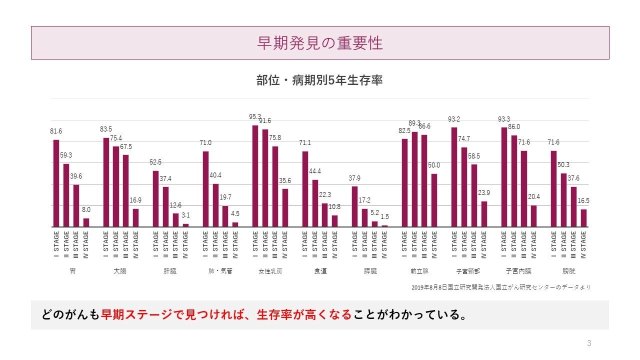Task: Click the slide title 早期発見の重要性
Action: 320,43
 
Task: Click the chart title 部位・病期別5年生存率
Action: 319,80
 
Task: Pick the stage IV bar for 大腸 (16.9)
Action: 135,218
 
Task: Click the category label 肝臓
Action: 170,271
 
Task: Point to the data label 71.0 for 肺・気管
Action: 205,143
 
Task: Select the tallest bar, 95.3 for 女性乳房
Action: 255,176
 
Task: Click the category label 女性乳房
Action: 270,271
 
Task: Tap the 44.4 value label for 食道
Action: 315,171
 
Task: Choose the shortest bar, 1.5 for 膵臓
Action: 384,226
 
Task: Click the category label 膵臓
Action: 370,271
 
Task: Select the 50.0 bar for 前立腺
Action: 434,200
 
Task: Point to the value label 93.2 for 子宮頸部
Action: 454,119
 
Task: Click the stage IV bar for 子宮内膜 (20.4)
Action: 533,216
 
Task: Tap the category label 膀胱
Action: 568,271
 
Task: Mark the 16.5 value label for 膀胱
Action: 583,200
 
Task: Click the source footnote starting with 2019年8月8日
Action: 500,287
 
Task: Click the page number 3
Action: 589,343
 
